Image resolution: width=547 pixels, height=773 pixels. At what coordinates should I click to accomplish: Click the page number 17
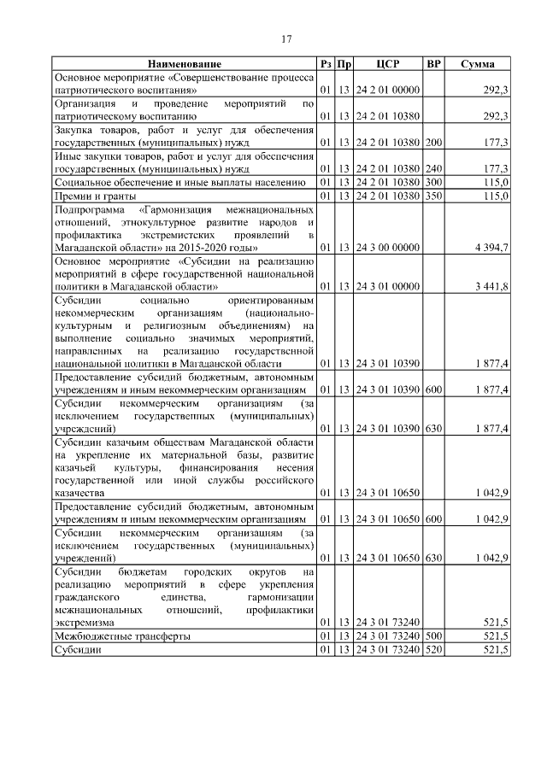[x=287, y=38]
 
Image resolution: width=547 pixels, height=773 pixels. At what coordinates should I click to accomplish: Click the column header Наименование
[x=184, y=64]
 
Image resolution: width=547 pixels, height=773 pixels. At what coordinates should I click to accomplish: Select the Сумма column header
[x=477, y=64]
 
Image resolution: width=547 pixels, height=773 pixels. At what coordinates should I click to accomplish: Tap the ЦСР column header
[x=388, y=64]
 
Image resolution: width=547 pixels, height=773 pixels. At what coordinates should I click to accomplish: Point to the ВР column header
[x=434, y=64]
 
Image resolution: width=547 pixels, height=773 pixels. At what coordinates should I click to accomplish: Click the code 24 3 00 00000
[x=388, y=247]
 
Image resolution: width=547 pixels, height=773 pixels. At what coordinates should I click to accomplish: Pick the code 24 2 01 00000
[x=388, y=89]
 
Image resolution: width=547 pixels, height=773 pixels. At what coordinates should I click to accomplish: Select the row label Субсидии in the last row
[x=77, y=650]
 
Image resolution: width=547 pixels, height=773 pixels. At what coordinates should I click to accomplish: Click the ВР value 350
[x=434, y=195]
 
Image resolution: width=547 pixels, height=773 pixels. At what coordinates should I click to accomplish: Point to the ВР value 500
[x=434, y=636]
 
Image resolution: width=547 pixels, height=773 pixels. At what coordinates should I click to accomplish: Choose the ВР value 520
[x=434, y=650]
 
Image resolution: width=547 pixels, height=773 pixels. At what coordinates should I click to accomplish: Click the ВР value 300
[x=434, y=182]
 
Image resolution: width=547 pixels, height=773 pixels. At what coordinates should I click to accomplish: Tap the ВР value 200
[x=434, y=142]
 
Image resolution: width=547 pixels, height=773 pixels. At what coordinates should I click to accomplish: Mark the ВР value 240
[x=434, y=168]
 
